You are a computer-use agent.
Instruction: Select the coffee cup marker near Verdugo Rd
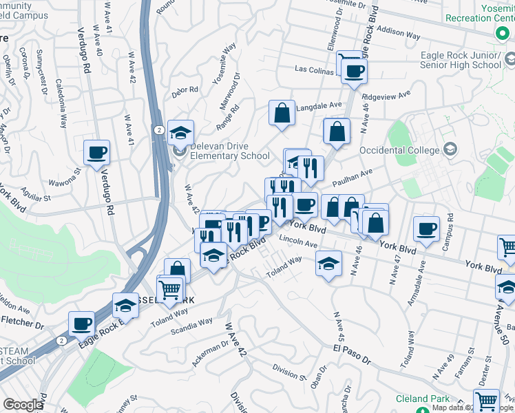point(96,153)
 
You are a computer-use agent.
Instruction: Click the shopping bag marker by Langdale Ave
point(282,114)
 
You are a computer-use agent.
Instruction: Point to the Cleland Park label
point(423,399)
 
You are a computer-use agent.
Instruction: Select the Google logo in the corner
point(23,405)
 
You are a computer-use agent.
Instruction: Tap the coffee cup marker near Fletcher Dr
point(81,324)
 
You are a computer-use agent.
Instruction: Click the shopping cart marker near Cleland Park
point(487,401)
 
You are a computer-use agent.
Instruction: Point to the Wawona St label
point(65,183)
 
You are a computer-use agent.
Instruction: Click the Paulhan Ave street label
point(353,178)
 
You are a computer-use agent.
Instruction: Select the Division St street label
point(288,372)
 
